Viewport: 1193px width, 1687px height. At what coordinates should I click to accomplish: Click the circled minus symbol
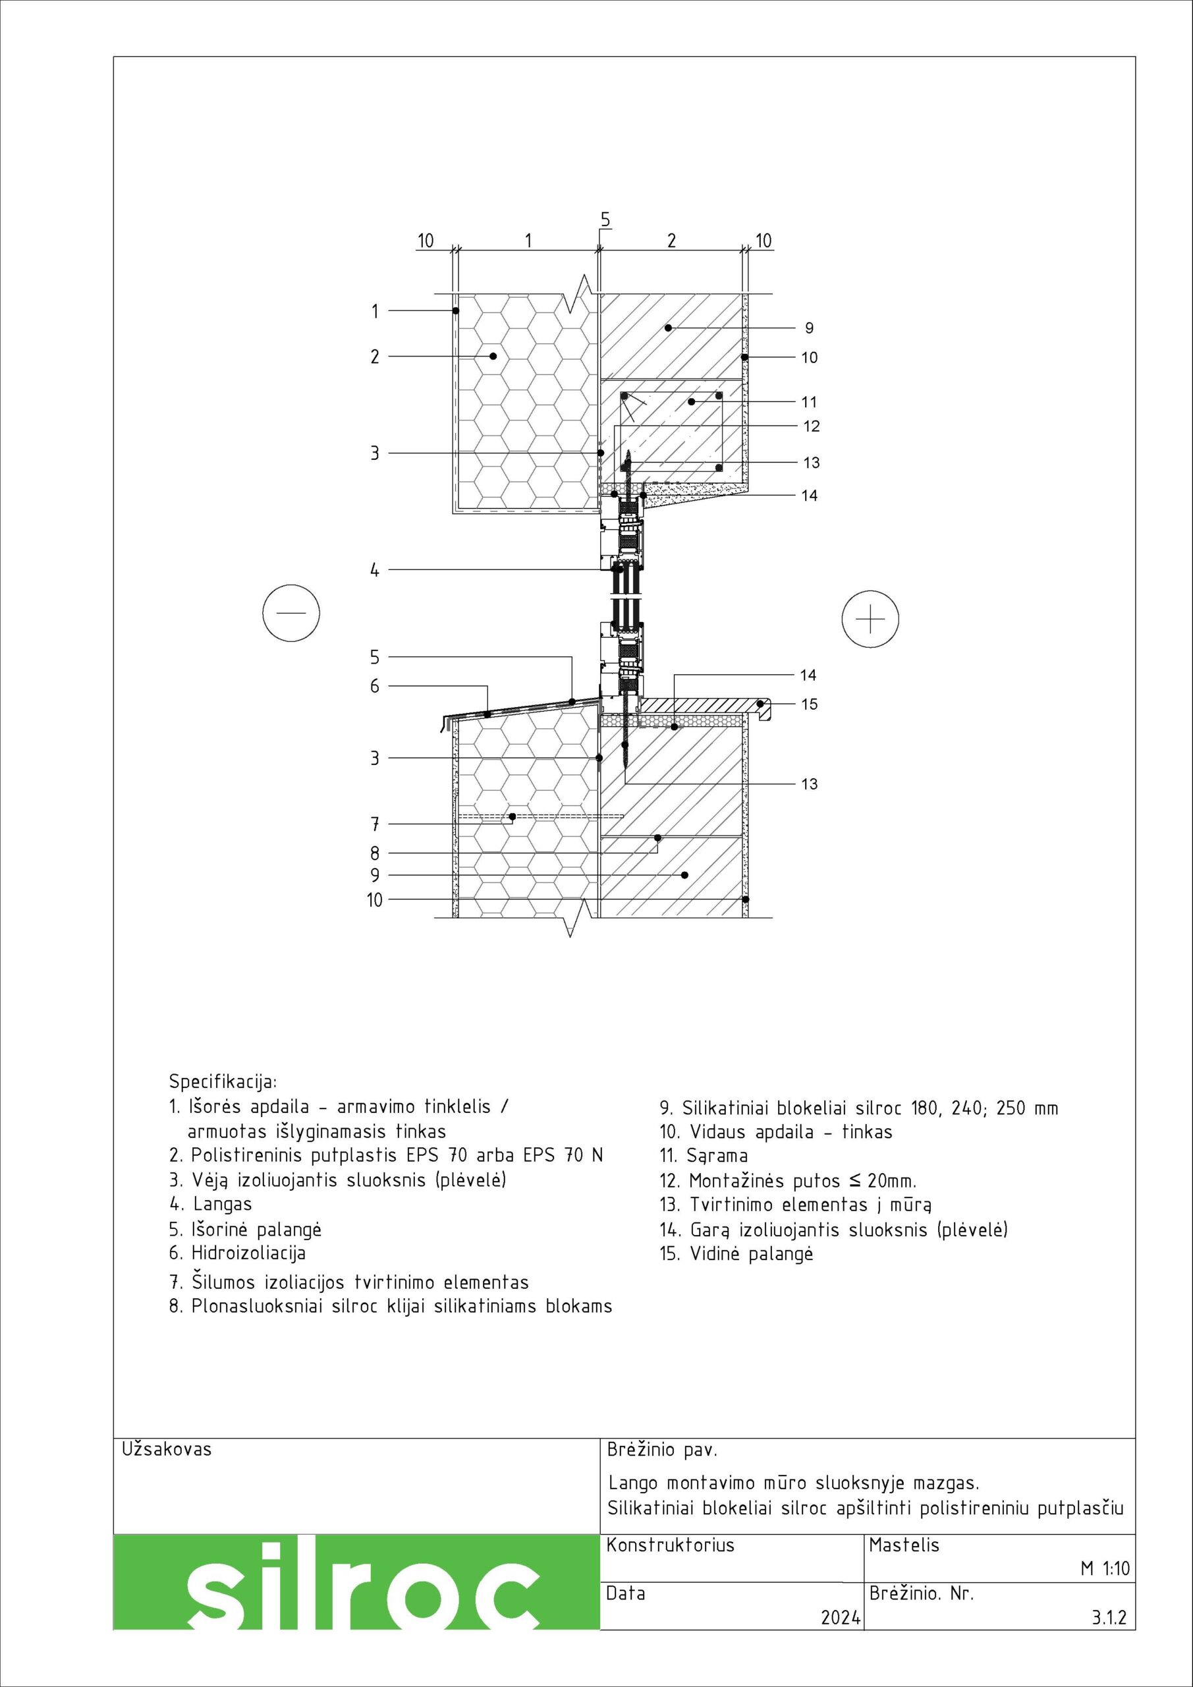click(x=292, y=613)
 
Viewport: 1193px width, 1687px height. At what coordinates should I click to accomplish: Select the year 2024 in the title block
click(x=841, y=1638)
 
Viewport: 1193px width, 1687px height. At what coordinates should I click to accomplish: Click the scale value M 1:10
click(x=1104, y=1589)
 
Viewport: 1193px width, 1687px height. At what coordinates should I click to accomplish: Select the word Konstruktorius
click(x=670, y=1545)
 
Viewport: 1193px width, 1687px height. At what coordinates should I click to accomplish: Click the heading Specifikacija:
click(x=223, y=1082)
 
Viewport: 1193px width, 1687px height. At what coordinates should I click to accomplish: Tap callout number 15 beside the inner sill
click(x=809, y=704)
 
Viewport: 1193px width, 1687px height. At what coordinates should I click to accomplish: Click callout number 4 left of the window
click(x=375, y=569)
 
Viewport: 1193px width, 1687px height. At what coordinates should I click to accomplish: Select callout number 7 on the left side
click(x=375, y=824)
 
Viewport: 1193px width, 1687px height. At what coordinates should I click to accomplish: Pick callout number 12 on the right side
click(x=811, y=426)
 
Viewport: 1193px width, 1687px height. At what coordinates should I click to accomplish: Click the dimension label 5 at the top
click(x=605, y=219)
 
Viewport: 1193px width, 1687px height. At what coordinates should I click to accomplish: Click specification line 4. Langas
click(x=211, y=1204)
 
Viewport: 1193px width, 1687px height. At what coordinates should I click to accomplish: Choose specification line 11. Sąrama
click(x=704, y=1157)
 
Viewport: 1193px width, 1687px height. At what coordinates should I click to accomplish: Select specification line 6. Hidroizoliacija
click(x=237, y=1253)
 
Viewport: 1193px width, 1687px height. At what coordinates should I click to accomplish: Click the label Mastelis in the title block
click(x=904, y=1545)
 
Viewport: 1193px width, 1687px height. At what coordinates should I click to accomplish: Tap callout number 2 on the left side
click(x=375, y=357)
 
